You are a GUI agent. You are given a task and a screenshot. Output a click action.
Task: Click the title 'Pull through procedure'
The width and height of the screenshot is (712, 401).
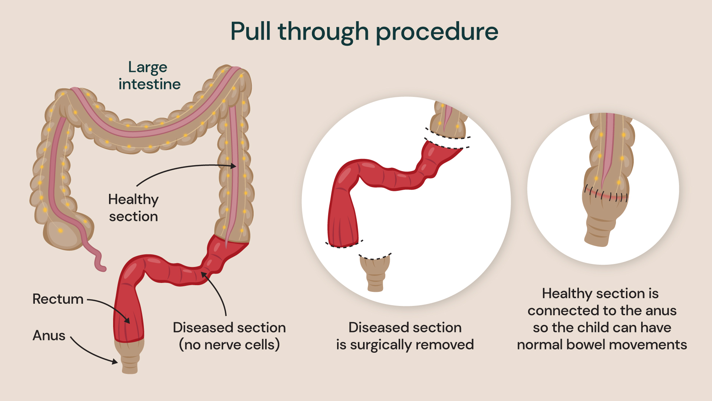(364, 32)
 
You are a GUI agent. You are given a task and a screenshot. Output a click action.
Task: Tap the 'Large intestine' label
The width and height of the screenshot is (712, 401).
(149, 76)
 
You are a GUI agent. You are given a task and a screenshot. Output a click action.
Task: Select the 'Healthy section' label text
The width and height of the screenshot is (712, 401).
(133, 208)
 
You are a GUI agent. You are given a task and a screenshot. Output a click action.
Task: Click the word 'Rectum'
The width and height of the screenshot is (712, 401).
(58, 299)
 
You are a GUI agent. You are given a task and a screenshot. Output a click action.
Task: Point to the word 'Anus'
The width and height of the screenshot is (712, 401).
(49, 335)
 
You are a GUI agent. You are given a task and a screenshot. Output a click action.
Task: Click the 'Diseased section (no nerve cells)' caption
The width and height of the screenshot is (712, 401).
(229, 336)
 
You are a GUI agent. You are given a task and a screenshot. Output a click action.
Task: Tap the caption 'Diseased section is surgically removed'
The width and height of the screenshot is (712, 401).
(405, 336)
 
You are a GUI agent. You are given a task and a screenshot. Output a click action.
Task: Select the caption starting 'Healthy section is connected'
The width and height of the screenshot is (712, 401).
(602, 319)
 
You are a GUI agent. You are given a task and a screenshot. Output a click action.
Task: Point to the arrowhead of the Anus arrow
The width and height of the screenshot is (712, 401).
(115, 361)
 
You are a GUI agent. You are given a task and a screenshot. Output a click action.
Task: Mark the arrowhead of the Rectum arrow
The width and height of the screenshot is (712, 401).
(127, 320)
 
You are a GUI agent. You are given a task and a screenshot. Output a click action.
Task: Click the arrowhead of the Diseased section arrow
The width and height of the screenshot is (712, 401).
(203, 274)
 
